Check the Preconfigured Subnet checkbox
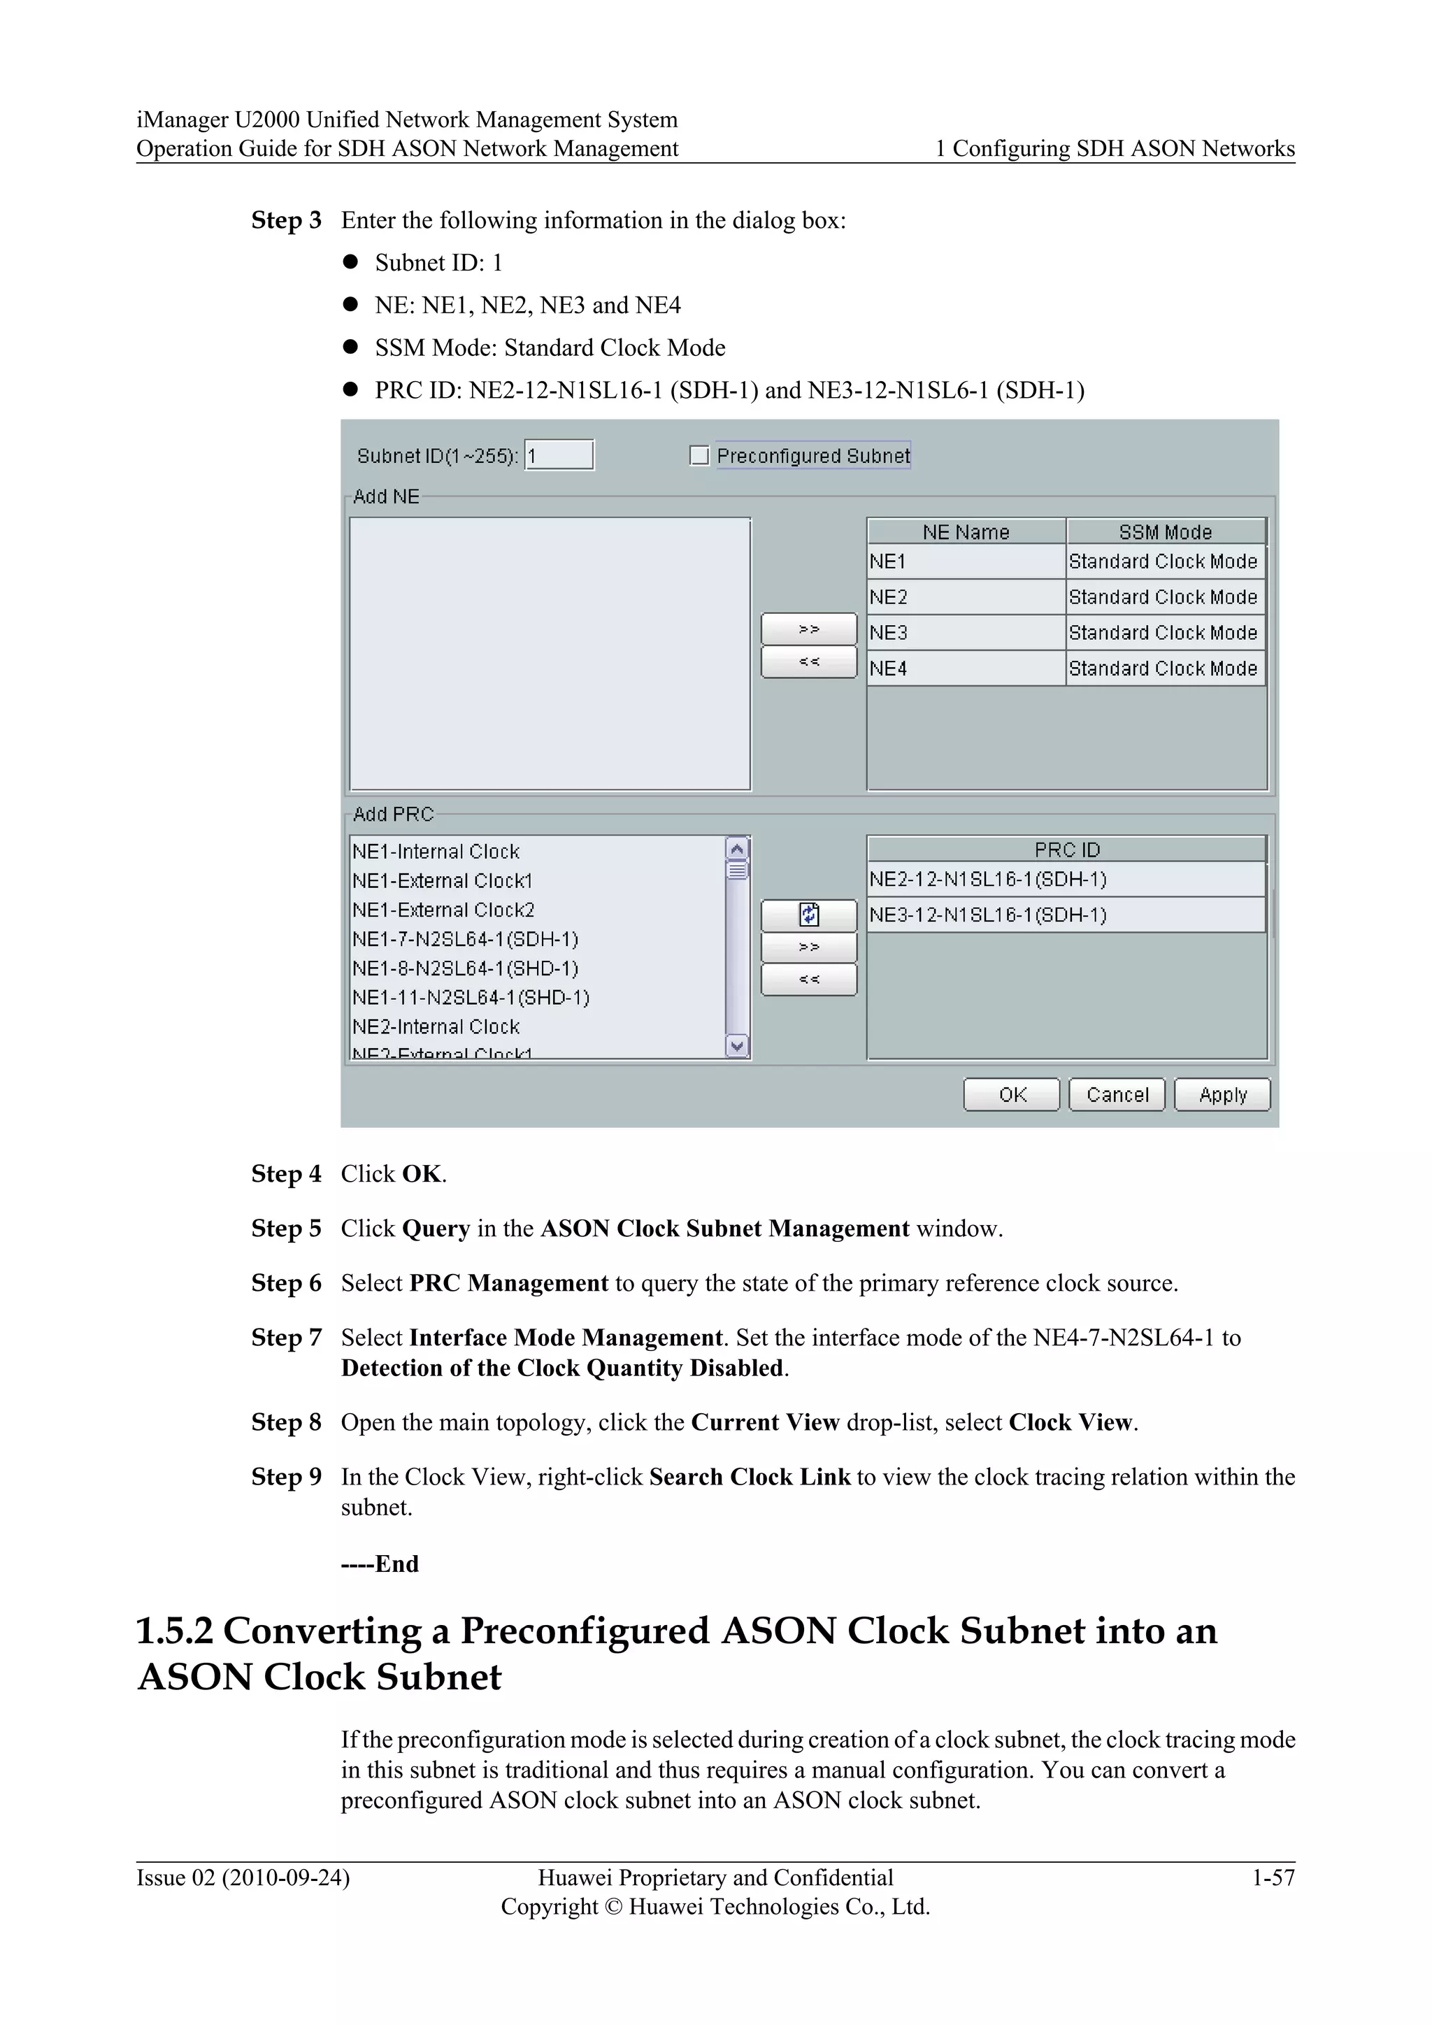coord(699,455)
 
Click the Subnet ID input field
coord(559,455)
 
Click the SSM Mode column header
coord(1165,532)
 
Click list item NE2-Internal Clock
coord(436,1026)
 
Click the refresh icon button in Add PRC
coord(808,915)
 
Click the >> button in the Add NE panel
coord(808,629)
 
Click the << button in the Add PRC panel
coord(808,979)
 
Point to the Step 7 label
coord(286,1338)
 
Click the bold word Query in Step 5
coord(436,1229)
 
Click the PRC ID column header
coord(1066,850)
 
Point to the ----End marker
coord(380,1564)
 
